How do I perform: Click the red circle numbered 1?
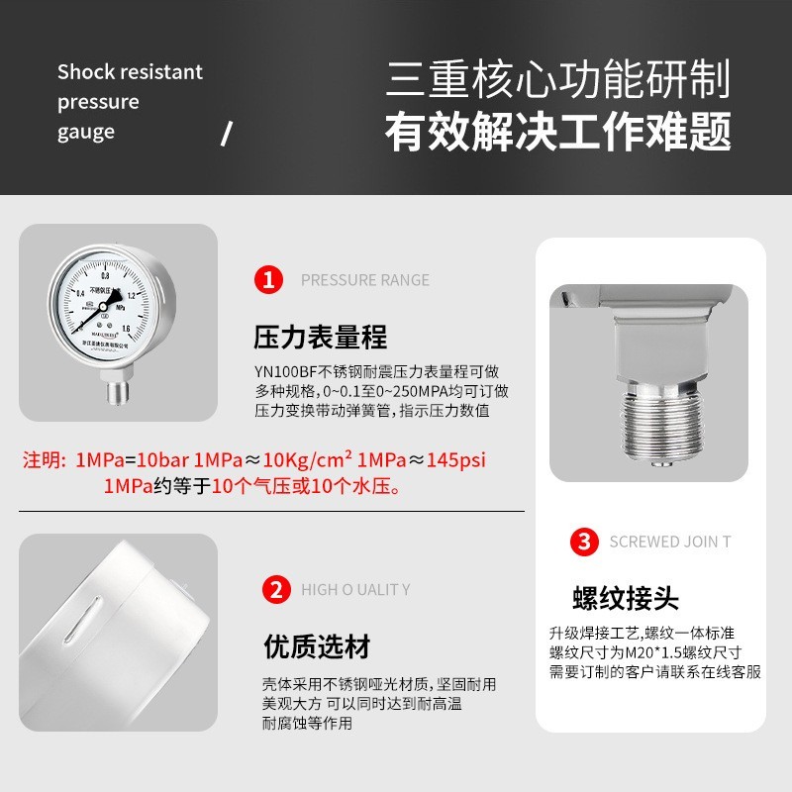(268, 279)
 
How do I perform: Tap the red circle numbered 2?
(275, 590)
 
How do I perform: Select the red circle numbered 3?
(585, 542)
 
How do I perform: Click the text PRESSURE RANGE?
(365, 280)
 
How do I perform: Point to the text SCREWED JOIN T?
(670, 542)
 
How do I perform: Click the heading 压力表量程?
(321, 338)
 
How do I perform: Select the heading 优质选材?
(317, 647)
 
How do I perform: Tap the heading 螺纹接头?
(626, 598)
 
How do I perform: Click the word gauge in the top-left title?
(86, 132)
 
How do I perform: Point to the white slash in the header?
(226, 133)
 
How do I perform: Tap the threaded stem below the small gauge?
(117, 391)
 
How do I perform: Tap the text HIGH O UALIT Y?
(355, 590)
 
